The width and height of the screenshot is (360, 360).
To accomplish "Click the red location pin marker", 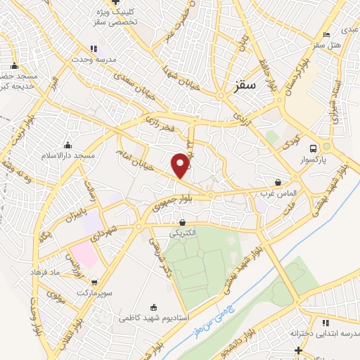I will point(181,165).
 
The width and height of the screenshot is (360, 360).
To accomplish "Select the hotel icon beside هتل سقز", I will point(326,34).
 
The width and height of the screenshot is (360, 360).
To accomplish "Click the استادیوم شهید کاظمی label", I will point(153,318).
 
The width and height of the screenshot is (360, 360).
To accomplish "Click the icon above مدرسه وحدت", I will point(93,49).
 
